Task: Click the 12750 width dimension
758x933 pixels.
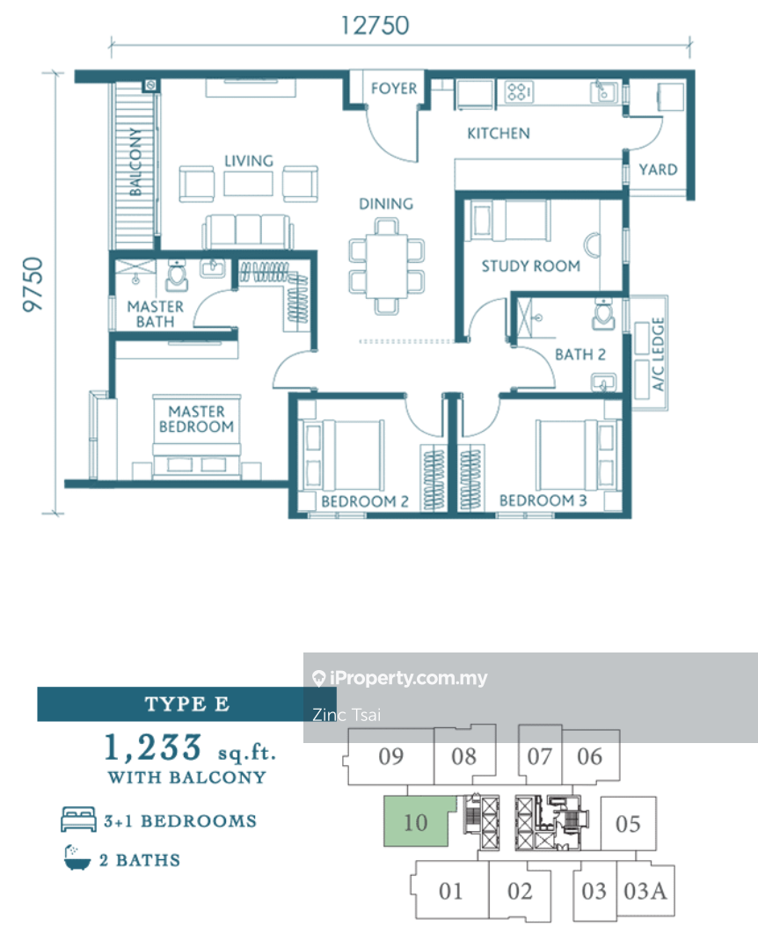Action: (375, 25)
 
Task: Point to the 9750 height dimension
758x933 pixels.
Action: (33, 284)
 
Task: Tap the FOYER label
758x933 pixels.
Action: (393, 88)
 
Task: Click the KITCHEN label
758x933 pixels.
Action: (498, 134)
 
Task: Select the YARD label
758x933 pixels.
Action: (658, 169)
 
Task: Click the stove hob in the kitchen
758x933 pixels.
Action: (519, 91)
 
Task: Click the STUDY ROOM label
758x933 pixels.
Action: (530, 266)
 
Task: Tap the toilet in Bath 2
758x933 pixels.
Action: (603, 314)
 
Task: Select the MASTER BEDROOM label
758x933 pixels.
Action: (196, 419)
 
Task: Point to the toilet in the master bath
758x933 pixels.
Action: (177, 276)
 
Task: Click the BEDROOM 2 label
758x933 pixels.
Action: (364, 501)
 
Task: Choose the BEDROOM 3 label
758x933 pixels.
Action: (543, 501)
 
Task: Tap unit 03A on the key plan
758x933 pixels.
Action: (645, 891)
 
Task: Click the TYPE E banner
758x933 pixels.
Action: (186, 704)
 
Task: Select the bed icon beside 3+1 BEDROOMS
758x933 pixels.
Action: (77, 821)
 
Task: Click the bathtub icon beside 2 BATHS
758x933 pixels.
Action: (77, 859)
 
